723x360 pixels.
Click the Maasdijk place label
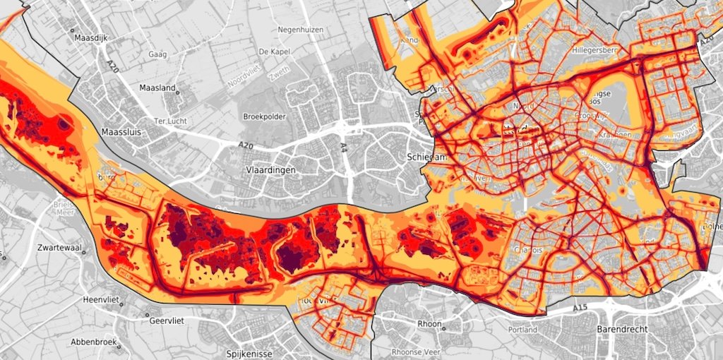[x=88, y=38]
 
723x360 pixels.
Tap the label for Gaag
[x=157, y=54]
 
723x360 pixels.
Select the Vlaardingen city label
[x=271, y=171]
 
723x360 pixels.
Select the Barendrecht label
[x=621, y=329]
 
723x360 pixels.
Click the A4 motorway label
[x=344, y=147]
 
